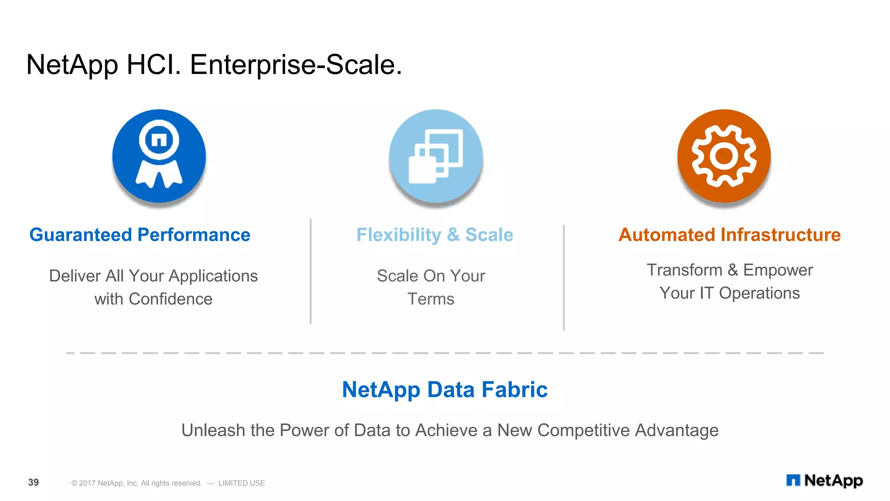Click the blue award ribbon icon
tap(159, 156)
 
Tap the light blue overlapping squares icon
tap(436, 156)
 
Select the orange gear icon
tap(724, 156)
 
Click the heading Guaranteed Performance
tap(140, 235)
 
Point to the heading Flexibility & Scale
tap(435, 235)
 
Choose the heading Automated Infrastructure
tap(730, 235)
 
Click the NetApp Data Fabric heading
tap(445, 389)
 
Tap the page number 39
tap(33, 482)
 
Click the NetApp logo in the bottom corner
tap(824, 481)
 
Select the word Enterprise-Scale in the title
tap(296, 65)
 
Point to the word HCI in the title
tap(153, 65)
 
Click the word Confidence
tap(170, 299)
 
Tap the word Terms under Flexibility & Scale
tap(431, 299)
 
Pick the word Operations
tap(759, 293)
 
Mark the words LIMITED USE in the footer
tap(242, 483)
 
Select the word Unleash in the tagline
tap(213, 431)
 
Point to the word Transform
tap(684, 270)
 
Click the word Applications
tap(213, 276)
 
